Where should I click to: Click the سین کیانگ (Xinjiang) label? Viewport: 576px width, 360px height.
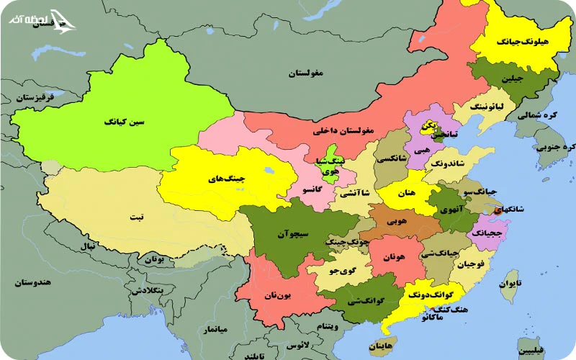click(x=125, y=122)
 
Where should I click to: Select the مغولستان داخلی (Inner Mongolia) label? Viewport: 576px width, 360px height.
click(x=343, y=131)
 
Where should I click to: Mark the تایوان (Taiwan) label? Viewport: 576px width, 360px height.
click(x=508, y=284)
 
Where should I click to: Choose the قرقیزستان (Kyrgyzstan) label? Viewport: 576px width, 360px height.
click(x=27, y=96)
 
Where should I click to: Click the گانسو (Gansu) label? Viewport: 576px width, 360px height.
click(x=312, y=189)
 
